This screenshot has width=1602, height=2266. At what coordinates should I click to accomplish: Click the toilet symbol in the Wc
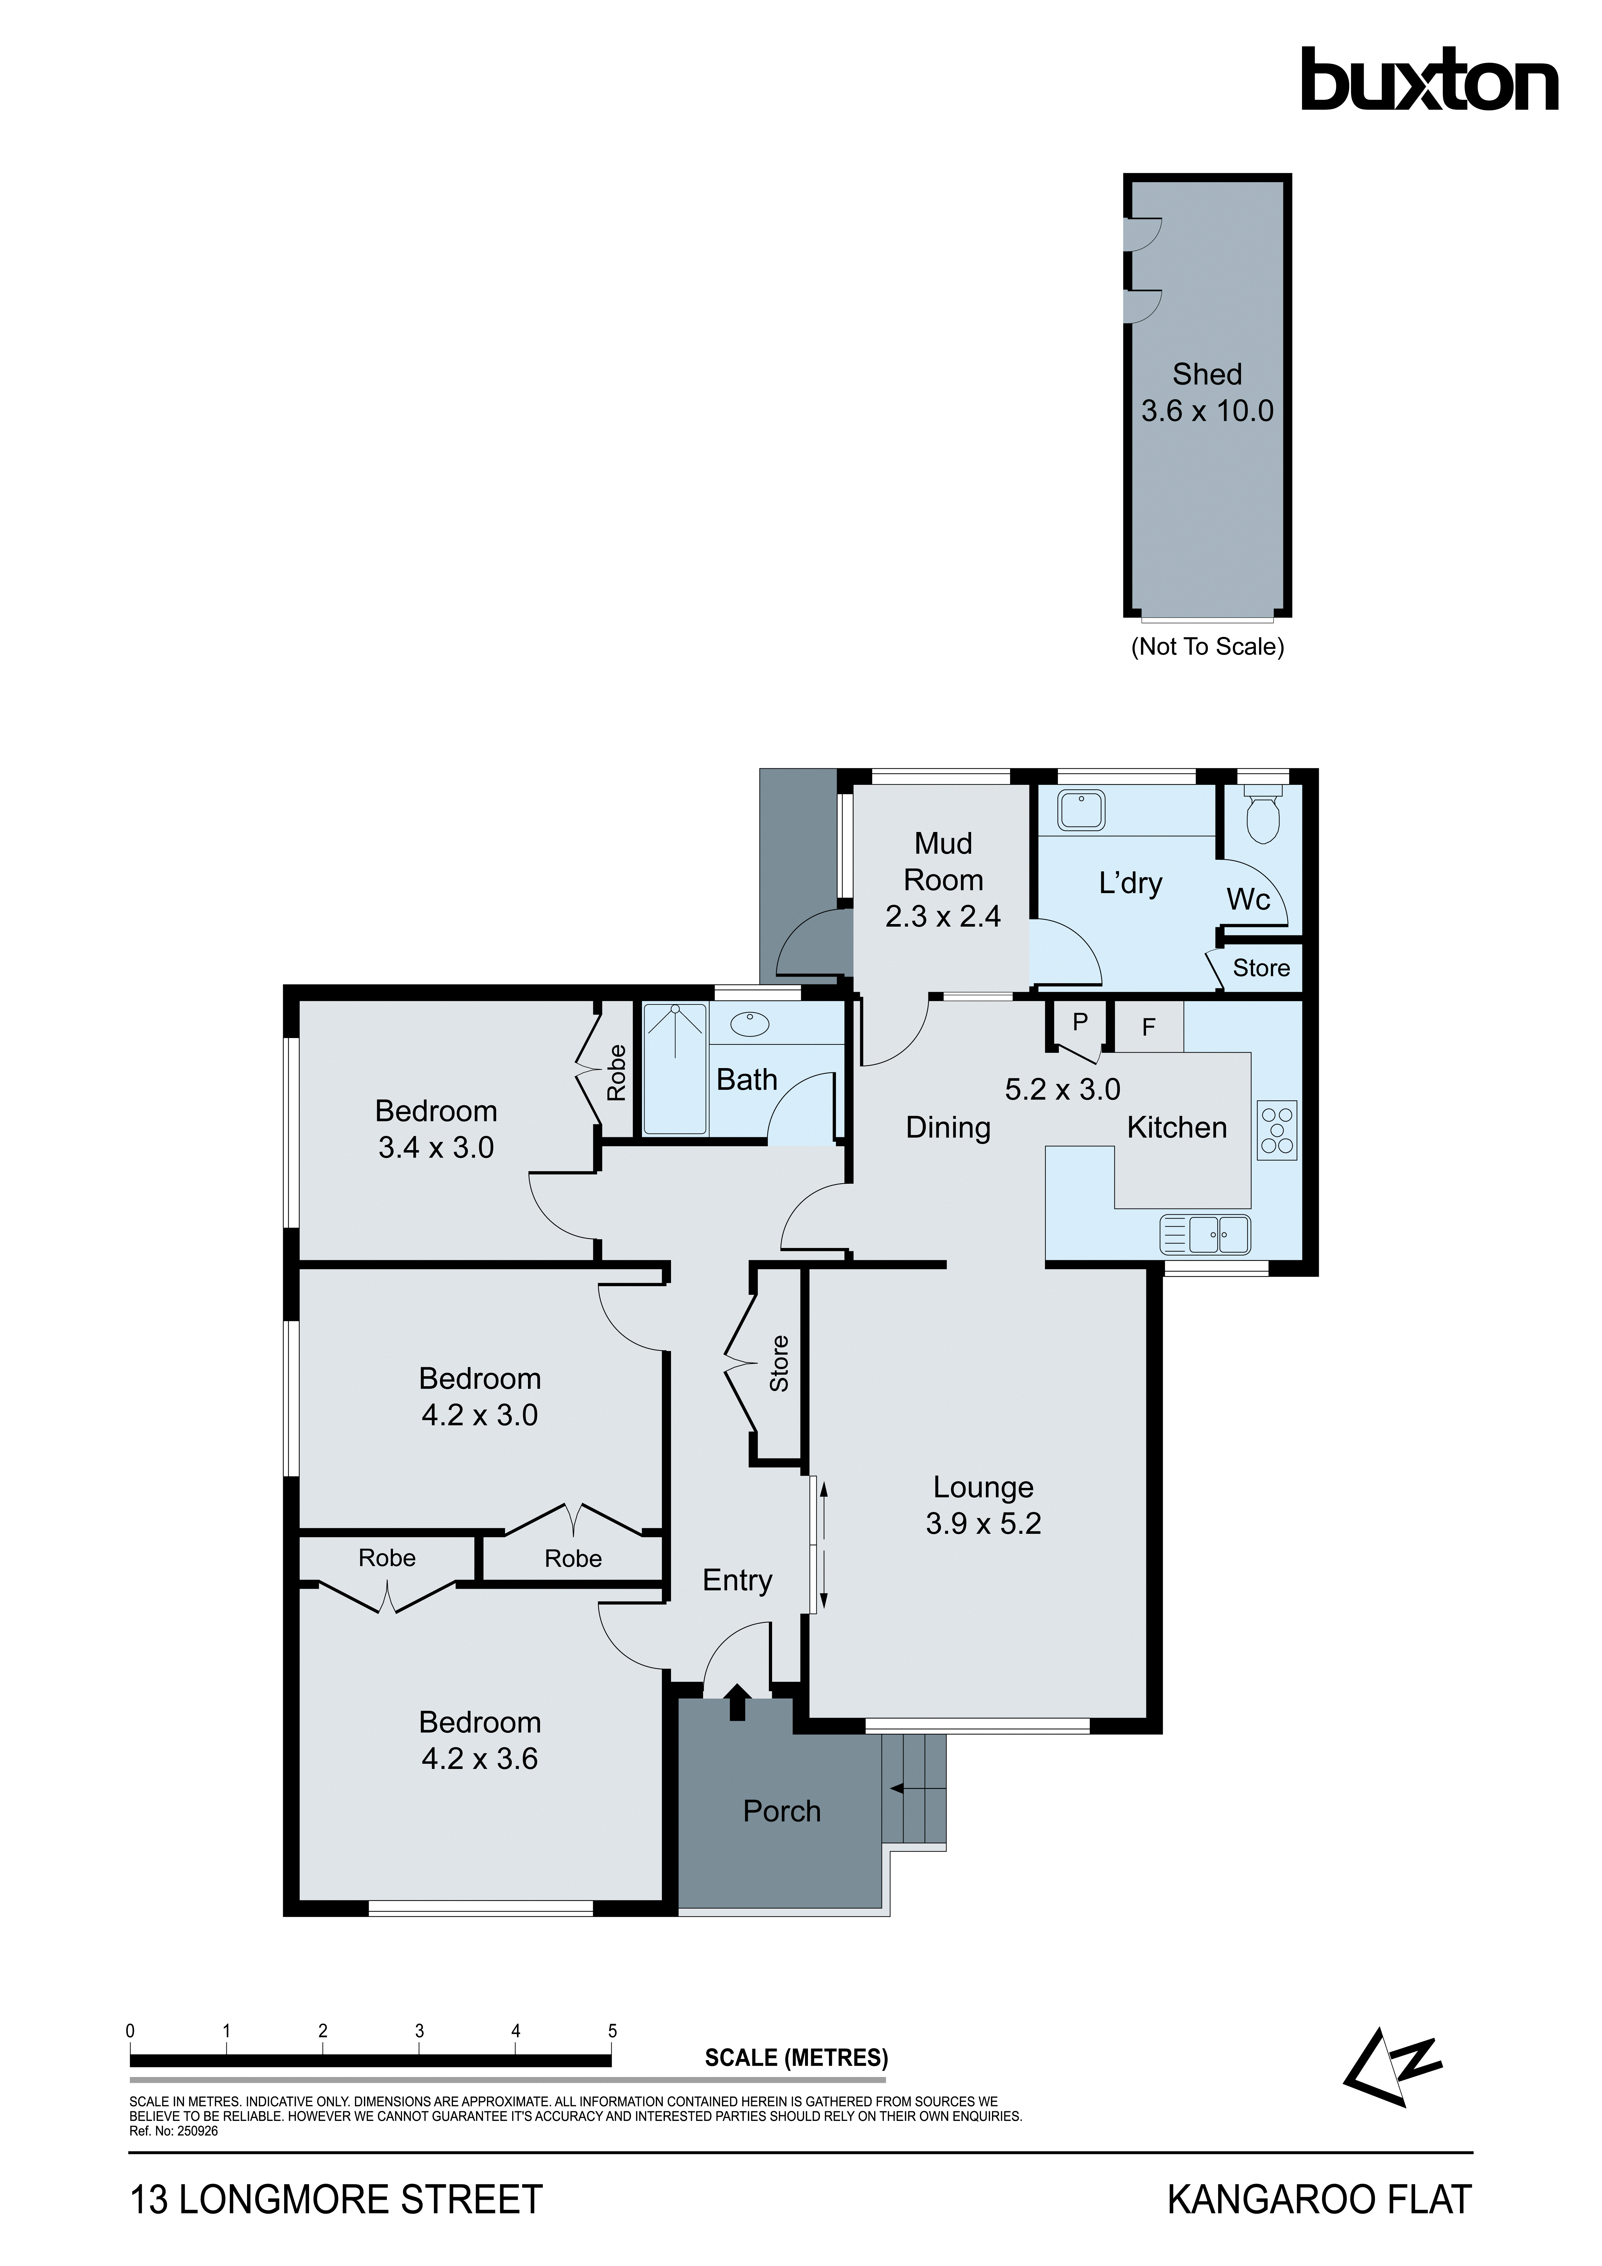click(x=1263, y=815)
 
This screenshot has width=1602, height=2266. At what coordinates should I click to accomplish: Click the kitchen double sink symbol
click(x=1206, y=1235)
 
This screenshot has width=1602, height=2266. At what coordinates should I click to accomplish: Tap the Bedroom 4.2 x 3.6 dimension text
click(x=480, y=1759)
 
